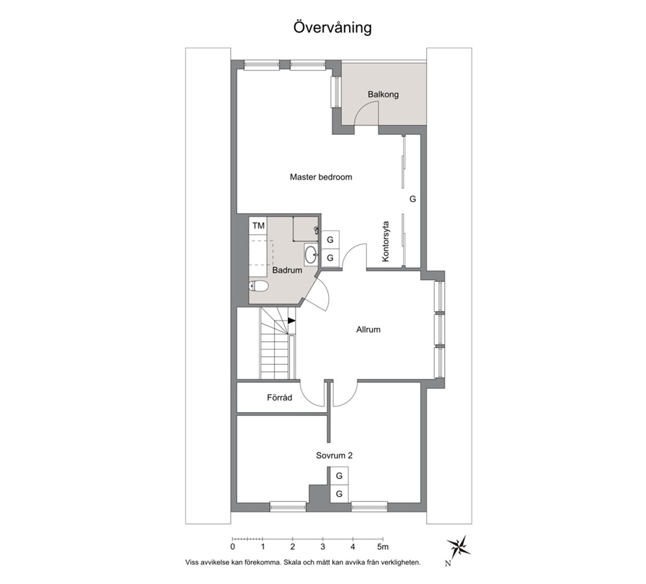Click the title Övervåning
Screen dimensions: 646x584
pyautogui.click(x=333, y=27)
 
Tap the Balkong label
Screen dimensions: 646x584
pyautogui.click(x=383, y=94)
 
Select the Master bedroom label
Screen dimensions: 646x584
pyautogui.click(x=321, y=177)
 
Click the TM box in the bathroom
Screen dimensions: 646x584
pyautogui.click(x=259, y=225)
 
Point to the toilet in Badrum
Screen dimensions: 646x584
pyautogui.click(x=259, y=286)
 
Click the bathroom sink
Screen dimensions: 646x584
pyautogui.click(x=311, y=255)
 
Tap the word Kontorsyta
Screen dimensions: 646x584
pyautogui.click(x=386, y=242)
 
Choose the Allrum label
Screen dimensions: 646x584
pyautogui.click(x=369, y=329)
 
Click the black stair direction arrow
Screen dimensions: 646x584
pyautogui.click(x=292, y=320)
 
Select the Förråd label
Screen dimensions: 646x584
pyautogui.click(x=279, y=397)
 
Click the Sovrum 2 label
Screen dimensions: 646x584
pyautogui.click(x=334, y=456)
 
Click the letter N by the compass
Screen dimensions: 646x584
pyautogui.click(x=448, y=564)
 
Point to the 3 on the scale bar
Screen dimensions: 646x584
pyautogui.click(x=322, y=547)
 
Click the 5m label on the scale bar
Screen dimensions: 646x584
pyautogui.click(x=383, y=547)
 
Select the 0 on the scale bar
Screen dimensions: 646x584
pyautogui.click(x=232, y=547)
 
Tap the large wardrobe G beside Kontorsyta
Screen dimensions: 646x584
pyautogui.click(x=412, y=199)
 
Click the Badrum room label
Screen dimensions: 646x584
pyautogui.click(x=287, y=271)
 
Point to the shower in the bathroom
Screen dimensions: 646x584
pyautogui.click(x=305, y=229)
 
